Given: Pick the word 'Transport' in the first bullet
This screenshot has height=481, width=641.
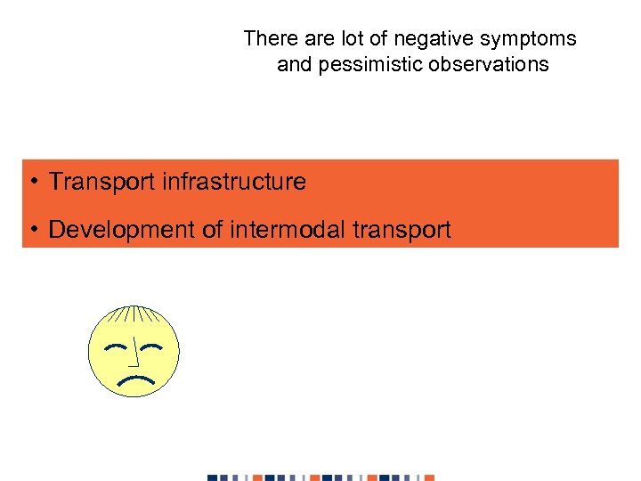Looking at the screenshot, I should pos(102,183).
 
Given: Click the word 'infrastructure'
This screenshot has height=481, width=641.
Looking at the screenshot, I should pos(234,183).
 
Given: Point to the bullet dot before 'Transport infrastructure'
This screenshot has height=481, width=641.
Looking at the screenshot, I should pos(31,183).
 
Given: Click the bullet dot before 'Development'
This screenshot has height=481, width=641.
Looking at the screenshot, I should pos(31,231).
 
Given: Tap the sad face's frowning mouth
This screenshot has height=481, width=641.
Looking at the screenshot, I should pos(134,380).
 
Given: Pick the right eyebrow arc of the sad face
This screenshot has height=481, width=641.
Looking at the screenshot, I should pos(153,346).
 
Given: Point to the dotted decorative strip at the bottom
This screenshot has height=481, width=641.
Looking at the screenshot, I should pos(321,477).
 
